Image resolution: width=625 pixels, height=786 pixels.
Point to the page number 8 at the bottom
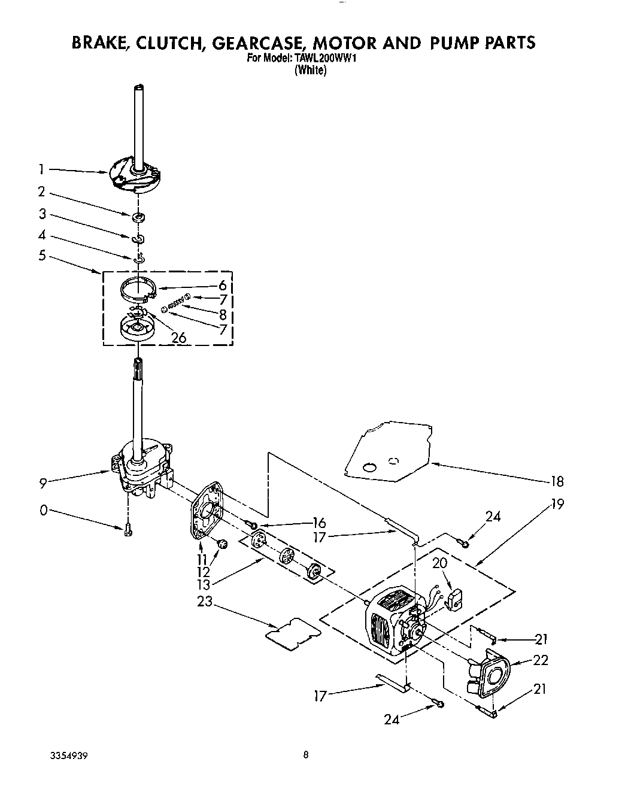(x=306, y=755)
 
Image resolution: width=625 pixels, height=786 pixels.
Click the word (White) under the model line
(x=310, y=70)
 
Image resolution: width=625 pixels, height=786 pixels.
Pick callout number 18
(x=556, y=481)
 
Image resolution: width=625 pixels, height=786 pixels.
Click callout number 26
(x=178, y=338)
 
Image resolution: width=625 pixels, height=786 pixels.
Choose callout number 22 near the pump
(x=541, y=660)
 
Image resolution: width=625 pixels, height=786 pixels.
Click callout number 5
(x=42, y=256)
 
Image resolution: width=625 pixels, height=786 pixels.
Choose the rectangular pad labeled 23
(x=292, y=631)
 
